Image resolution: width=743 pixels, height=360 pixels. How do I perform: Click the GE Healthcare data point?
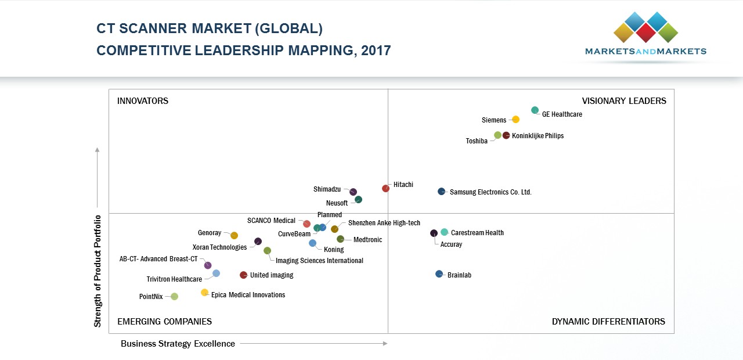535,110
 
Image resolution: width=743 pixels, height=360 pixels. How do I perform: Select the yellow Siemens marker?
515,120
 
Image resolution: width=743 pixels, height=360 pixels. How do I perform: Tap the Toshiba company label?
477,141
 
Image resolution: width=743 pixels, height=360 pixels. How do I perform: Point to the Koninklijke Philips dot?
506,135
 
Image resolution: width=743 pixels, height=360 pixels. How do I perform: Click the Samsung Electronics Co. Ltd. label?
490,192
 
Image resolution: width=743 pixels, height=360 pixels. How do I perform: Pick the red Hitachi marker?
385,188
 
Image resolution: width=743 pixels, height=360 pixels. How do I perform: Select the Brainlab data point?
439,274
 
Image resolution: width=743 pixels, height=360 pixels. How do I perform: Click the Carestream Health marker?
444,232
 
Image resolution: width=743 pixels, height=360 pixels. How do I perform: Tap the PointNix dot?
174,297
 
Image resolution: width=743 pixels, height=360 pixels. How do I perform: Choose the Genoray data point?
234,236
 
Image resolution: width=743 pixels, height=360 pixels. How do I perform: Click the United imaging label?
272,275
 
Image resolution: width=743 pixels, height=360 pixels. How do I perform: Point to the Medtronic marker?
340,239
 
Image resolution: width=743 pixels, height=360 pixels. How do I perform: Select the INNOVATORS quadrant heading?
143,101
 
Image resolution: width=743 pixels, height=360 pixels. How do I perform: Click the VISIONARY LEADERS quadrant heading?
624,101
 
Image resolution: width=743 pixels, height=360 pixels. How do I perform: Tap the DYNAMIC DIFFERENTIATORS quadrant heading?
608,322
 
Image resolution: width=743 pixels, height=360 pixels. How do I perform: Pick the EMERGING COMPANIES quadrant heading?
164,322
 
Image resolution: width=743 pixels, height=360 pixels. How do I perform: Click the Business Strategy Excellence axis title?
178,344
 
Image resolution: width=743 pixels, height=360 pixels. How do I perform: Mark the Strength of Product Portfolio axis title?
98,271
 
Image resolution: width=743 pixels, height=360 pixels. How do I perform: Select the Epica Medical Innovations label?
248,295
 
